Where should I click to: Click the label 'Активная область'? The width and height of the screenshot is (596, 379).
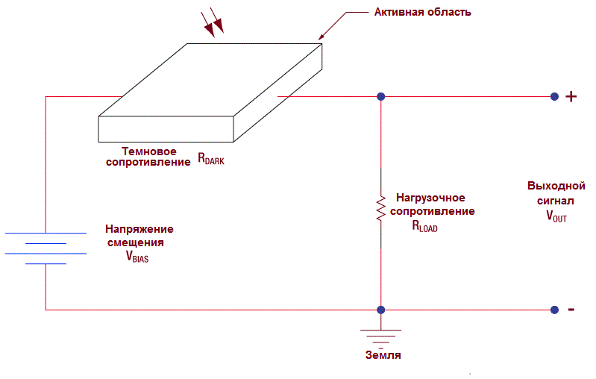click(x=422, y=13)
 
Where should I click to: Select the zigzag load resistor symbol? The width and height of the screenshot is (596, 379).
click(x=380, y=209)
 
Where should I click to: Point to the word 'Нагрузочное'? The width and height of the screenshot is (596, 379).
click(x=430, y=198)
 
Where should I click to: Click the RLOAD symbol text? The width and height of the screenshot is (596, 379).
click(x=424, y=226)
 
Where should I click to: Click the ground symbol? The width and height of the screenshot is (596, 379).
click(x=380, y=333)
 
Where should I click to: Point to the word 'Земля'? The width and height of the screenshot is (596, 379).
click(x=383, y=355)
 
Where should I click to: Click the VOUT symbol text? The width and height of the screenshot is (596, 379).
click(x=556, y=216)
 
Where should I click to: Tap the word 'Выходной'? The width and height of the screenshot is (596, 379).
click(x=556, y=186)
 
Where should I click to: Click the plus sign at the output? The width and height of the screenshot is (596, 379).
click(x=571, y=96)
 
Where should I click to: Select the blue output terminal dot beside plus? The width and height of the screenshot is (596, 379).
click(x=554, y=96)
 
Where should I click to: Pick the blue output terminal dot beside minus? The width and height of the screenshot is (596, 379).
click(x=554, y=310)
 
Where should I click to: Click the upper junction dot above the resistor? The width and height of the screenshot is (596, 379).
click(x=380, y=96)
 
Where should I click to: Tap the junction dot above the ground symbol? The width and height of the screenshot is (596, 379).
click(x=380, y=310)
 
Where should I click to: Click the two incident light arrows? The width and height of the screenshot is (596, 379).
click(x=213, y=25)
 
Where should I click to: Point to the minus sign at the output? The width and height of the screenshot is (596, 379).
click(x=571, y=310)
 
